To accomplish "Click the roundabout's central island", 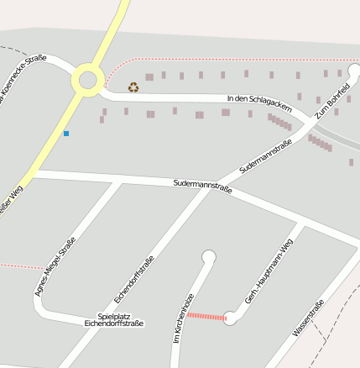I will point(87,81).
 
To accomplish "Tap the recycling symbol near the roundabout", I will point(133,87).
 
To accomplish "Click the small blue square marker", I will point(66,134).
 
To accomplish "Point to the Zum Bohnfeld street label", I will point(332,102).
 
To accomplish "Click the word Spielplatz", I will point(114,315).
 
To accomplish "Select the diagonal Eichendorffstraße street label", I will point(134,278).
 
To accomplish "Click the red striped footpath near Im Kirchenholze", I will point(206,317).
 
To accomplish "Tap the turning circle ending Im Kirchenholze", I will point(209,257).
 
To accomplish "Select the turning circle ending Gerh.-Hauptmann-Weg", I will point(231,318).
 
